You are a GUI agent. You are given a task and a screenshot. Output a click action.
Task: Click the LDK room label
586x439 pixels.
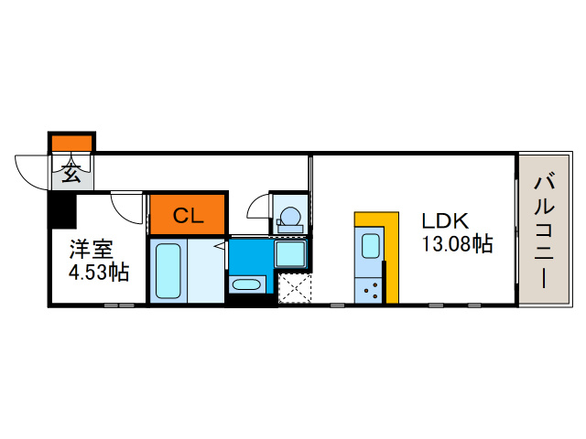(445, 221)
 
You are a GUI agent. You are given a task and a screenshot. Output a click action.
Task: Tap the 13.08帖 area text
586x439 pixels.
(457, 244)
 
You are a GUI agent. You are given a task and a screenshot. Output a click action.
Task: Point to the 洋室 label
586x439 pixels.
(92, 250)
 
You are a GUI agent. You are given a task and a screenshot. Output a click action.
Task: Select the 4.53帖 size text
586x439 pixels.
(99, 273)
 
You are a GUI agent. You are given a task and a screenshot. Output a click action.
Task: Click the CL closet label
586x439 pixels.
(188, 216)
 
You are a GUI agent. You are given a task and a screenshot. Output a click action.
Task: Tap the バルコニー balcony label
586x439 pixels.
(544, 230)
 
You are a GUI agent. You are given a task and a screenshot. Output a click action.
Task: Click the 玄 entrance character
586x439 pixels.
(71, 173)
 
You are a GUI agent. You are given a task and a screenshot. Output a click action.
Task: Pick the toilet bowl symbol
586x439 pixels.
(290, 219)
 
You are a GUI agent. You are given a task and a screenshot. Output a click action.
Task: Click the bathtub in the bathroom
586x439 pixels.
(168, 271)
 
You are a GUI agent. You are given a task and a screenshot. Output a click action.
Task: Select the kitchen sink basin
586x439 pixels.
(370, 246)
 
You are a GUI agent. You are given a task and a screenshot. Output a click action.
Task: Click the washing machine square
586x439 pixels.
(290, 254)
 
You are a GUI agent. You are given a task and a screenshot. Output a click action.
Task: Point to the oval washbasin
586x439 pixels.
(246, 285)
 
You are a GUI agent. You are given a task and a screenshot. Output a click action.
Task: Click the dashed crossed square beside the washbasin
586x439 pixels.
(295, 288)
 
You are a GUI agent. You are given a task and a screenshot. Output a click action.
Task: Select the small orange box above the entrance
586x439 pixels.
(71, 144)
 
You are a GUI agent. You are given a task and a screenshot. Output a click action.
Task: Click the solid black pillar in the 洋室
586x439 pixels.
(62, 211)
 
